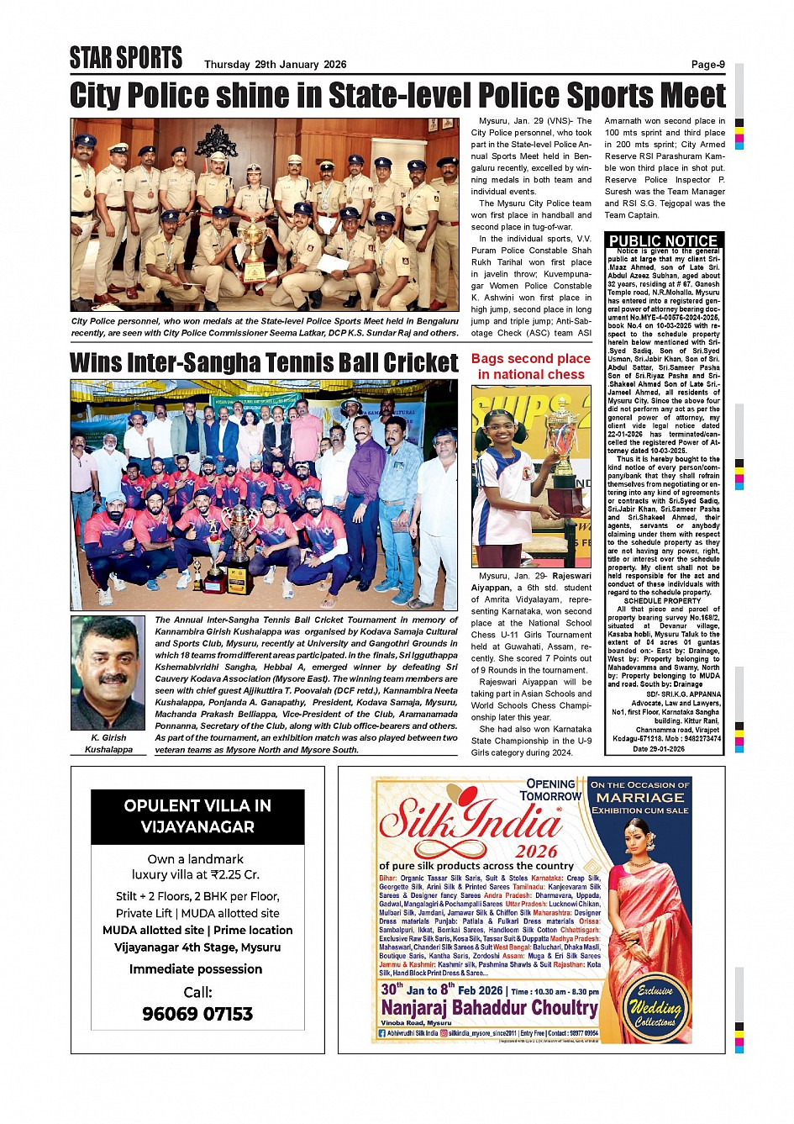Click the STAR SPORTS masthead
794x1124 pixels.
click(x=126, y=58)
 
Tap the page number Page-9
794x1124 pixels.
click(x=707, y=65)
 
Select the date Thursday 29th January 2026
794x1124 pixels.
click(x=275, y=65)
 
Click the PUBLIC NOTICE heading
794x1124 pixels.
click(x=663, y=241)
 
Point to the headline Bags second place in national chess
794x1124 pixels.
click(x=531, y=367)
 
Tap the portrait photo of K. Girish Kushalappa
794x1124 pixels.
click(x=108, y=673)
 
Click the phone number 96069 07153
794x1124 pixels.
click(x=197, y=1014)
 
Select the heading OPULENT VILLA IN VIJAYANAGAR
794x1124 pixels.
click(x=197, y=816)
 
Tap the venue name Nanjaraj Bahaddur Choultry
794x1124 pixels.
click(x=489, y=1007)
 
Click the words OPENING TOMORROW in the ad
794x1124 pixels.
click(x=550, y=789)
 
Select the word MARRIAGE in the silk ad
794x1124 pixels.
click(x=640, y=797)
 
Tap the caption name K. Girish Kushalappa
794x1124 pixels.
click(x=108, y=743)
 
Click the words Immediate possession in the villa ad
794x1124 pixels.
click(x=196, y=969)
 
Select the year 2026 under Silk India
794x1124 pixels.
click(x=536, y=851)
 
